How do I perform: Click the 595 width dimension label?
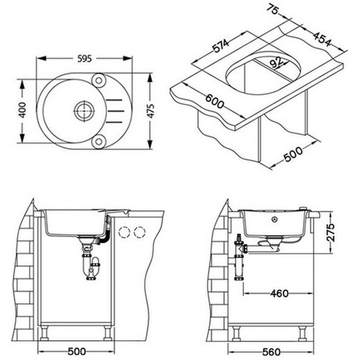click(x=84, y=59)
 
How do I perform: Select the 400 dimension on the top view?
click(x=22, y=110)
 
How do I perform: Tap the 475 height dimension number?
click(x=150, y=111)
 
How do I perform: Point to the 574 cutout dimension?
click(x=220, y=46)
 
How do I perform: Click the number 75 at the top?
click(x=273, y=9)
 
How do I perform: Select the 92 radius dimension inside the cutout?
click(x=276, y=62)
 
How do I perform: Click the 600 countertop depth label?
click(x=214, y=101)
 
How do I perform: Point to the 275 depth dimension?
click(x=331, y=232)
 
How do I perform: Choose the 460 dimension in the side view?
click(x=279, y=293)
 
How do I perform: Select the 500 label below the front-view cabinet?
click(x=76, y=351)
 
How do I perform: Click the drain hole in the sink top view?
click(x=85, y=111)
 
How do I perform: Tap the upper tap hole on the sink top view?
click(x=99, y=81)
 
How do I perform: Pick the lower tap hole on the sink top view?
click(x=99, y=141)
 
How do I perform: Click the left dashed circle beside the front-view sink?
click(x=125, y=232)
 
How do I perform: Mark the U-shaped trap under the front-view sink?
click(x=90, y=266)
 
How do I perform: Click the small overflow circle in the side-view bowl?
click(x=275, y=220)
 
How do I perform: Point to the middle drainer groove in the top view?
click(x=116, y=111)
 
